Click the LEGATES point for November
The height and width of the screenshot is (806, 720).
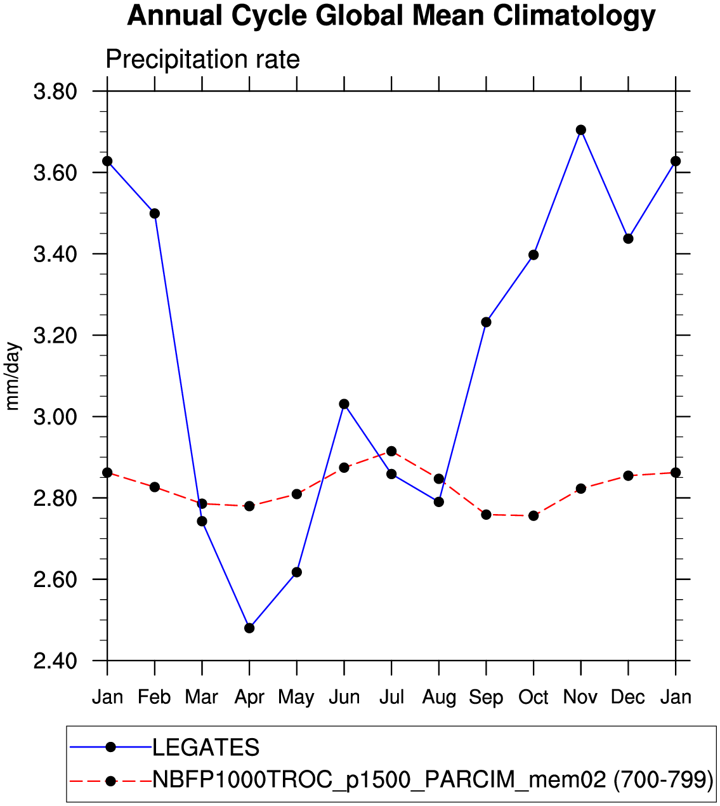(580, 130)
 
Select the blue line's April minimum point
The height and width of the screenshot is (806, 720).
(249, 628)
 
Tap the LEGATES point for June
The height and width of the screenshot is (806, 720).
(344, 404)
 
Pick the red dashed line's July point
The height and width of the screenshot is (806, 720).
(391, 451)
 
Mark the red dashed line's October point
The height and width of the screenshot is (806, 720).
(533, 516)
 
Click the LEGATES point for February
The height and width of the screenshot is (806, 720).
(155, 213)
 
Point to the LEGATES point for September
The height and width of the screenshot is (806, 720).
(486, 322)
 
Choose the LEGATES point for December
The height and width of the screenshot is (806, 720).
(628, 239)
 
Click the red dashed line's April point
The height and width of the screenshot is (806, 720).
(249, 506)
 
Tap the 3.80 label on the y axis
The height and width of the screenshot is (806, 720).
(55, 92)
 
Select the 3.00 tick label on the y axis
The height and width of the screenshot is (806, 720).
(55, 417)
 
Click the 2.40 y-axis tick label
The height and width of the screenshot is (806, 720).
(55, 661)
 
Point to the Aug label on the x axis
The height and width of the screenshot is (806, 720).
(439, 697)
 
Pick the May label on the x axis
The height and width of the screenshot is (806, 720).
(296, 697)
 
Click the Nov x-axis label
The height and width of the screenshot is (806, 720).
(580, 697)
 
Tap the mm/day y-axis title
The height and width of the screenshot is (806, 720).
(13, 376)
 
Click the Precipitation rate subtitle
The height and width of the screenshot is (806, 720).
(202, 60)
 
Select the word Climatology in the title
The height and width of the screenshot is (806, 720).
(574, 16)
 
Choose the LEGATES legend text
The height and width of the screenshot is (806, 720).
(206, 748)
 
